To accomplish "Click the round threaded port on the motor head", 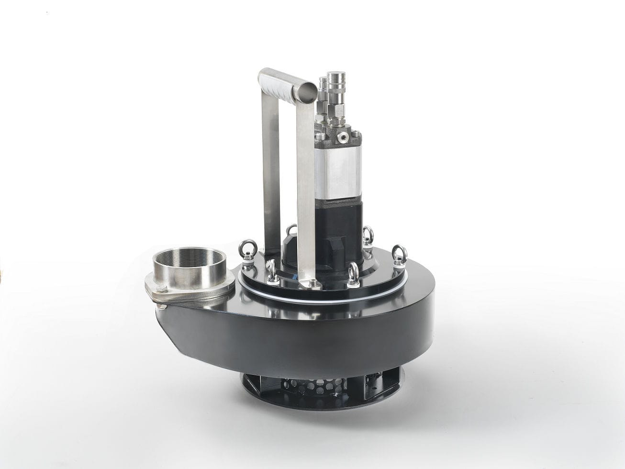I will [x=343, y=137].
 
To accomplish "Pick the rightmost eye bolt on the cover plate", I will [x=399, y=255].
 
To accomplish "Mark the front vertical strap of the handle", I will [x=305, y=191].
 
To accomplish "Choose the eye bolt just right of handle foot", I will [x=353, y=275].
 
